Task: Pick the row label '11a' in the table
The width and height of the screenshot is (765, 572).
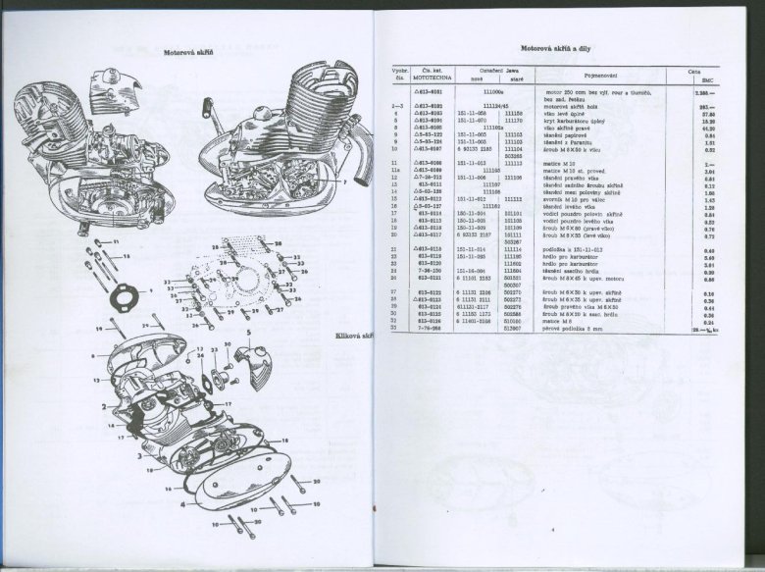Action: tap(395, 169)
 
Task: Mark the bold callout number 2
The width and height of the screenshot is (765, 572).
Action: tap(103, 405)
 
